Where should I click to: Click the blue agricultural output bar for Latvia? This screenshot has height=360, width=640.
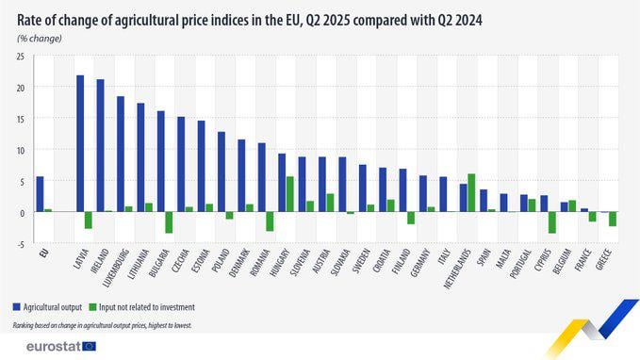click(x=80, y=143)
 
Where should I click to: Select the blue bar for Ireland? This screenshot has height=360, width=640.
click(x=101, y=145)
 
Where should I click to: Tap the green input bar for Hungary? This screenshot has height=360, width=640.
click(x=289, y=194)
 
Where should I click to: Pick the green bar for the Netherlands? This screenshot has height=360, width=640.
click(x=471, y=192)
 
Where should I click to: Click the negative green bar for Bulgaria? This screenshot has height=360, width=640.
click(x=169, y=222)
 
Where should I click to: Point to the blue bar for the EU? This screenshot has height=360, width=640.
click(x=40, y=194)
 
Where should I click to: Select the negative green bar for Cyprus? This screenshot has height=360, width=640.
click(x=552, y=222)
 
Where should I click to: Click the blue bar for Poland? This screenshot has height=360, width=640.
click(x=222, y=172)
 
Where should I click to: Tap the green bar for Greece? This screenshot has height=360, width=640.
click(x=613, y=219)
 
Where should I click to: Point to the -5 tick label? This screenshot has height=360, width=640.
click(x=22, y=244)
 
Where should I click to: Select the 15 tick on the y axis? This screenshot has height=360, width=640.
click(x=22, y=119)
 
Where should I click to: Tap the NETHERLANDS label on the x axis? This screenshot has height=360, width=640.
click(x=457, y=269)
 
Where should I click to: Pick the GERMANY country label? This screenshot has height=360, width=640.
click(x=420, y=263)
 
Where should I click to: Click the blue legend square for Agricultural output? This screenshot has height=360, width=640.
click(x=17, y=307)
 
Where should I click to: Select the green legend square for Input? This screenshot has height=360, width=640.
click(x=92, y=307)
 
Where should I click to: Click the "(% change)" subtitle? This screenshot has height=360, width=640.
click(x=40, y=39)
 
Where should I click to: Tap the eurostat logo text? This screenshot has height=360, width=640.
click(x=54, y=347)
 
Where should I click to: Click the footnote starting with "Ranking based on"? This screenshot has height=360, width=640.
click(x=102, y=325)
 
